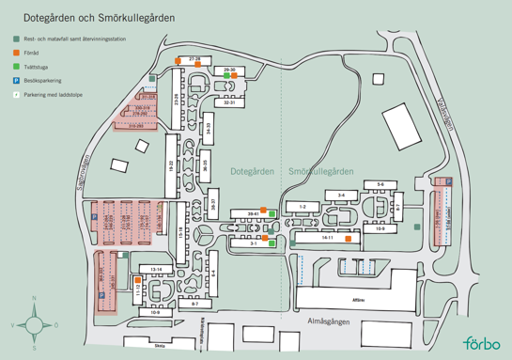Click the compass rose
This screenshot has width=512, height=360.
point(35,324)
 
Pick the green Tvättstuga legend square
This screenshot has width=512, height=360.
point(16,68)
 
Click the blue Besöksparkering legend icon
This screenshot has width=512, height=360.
point(16,81)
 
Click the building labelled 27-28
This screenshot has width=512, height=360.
point(195,59)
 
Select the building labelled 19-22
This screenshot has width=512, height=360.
point(172,164)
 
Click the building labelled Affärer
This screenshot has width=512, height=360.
point(358,290)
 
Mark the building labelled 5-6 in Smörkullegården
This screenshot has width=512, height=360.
point(380,184)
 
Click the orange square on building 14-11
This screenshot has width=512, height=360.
point(348,240)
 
